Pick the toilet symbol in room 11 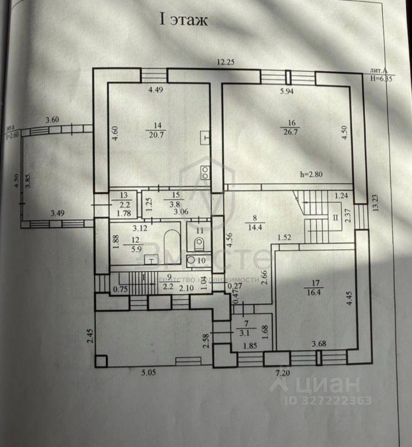pos(199,243)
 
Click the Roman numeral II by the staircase pos(334,217)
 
